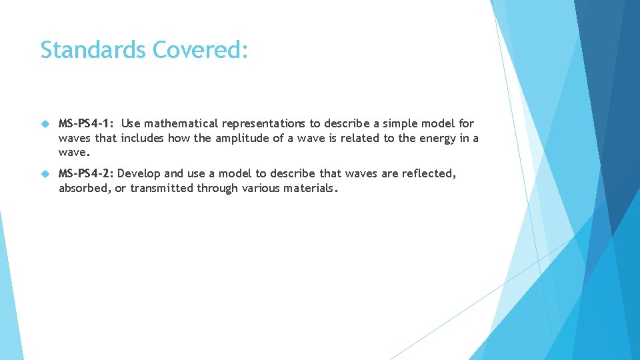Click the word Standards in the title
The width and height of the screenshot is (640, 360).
(x=93, y=50)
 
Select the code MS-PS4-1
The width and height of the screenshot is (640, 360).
(x=86, y=123)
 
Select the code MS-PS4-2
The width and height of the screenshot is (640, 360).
(x=86, y=173)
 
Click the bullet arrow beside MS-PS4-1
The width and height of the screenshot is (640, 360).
(x=45, y=123)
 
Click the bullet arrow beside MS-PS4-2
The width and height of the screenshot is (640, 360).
(x=45, y=173)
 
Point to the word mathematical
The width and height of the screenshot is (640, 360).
(x=181, y=123)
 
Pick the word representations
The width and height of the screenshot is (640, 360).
(x=264, y=123)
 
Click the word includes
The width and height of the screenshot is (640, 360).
(x=142, y=138)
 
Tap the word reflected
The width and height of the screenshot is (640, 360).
(x=429, y=173)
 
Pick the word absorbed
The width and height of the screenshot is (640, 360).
(x=83, y=188)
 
